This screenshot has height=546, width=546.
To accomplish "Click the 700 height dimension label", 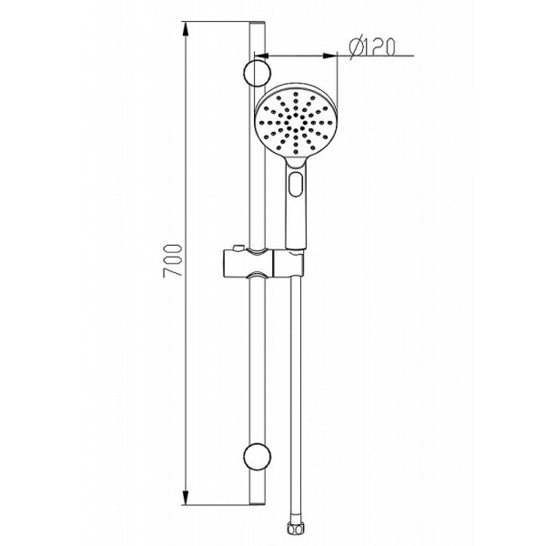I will coord(179,260).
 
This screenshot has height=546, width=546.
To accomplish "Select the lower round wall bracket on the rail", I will coord(257,457).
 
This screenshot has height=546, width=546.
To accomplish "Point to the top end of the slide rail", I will coord(257,26).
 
